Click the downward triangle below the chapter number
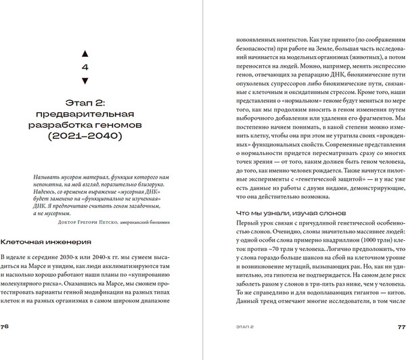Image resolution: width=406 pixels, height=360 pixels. (84, 81)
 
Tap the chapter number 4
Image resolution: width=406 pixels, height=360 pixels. (84, 67)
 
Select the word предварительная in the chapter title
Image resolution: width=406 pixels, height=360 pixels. (84, 114)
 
